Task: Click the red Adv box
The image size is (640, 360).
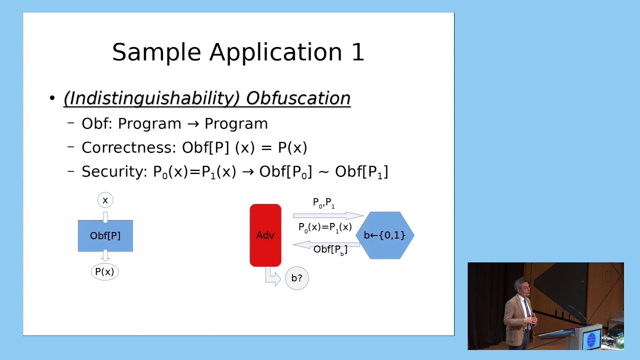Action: pos(265,235)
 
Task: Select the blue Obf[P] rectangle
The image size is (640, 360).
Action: pos(105,235)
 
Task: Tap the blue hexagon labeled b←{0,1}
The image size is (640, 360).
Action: pos(384,235)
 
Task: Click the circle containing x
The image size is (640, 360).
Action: pos(105,200)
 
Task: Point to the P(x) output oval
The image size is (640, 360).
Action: pos(104,272)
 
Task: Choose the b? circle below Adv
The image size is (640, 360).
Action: pos(296,278)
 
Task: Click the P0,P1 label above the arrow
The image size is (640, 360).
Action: pos(323,203)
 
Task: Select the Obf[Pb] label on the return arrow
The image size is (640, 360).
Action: pos(330,249)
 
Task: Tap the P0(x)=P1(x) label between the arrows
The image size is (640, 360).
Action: pos(325,227)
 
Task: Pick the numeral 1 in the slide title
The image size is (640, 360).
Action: pos(357,52)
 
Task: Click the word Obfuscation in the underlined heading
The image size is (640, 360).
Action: pos(298,98)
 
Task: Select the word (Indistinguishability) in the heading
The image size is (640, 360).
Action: pos(151,98)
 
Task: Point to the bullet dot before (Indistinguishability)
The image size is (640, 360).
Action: pos(52,98)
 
